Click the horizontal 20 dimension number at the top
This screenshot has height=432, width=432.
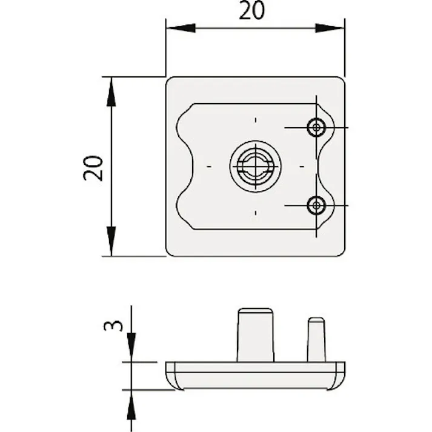[251, 10]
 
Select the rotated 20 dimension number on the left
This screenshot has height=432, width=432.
[94, 168]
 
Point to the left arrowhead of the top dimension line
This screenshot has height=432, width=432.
[181, 28]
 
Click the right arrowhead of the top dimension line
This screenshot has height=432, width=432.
[330, 28]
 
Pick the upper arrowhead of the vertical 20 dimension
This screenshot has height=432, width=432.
[111, 91]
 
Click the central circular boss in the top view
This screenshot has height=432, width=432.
[255, 165]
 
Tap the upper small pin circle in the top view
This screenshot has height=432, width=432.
[316, 128]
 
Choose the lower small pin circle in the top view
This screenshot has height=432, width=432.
[316, 205]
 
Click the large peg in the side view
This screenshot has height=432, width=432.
[255, 335]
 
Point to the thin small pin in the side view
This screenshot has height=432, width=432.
[316, 339]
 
